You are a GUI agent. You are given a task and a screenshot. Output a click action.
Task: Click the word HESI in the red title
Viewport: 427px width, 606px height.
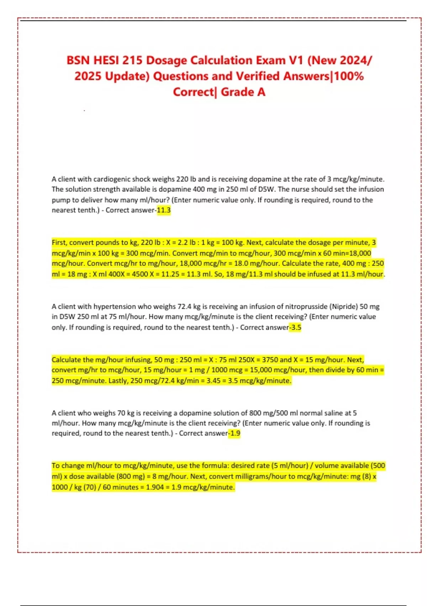coord(106,60)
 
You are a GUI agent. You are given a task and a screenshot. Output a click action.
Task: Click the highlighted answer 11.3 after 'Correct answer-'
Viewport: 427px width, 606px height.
coord(164,210)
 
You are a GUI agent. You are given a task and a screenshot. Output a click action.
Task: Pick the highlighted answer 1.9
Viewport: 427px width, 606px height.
coord(234,433)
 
